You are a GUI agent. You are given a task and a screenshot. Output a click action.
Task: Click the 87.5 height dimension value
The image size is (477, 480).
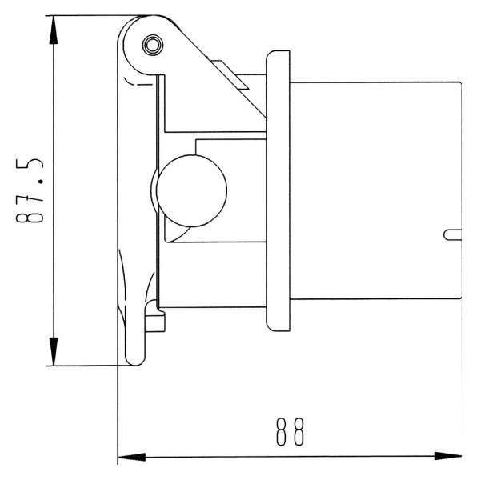pos(30,190)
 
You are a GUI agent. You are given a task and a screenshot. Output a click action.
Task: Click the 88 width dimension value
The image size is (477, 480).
pos(291,432)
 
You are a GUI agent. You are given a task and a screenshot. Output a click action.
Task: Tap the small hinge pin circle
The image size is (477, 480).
pos(153,45)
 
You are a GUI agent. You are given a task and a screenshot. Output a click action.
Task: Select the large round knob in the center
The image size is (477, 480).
pos(191,190)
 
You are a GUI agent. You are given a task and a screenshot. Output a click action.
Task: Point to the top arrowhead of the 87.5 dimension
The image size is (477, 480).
pos(54,30)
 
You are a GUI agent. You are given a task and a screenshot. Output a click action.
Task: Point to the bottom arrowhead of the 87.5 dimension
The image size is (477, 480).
pos(54,351)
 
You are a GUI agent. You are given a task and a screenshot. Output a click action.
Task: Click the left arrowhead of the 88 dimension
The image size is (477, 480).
pos(131,458)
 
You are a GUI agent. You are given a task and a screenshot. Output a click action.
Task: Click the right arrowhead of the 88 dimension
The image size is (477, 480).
pos(448,456)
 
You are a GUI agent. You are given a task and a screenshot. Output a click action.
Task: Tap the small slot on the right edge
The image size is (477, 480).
pos(452,234)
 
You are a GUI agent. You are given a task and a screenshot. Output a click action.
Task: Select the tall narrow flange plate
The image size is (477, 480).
pos(278,191)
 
